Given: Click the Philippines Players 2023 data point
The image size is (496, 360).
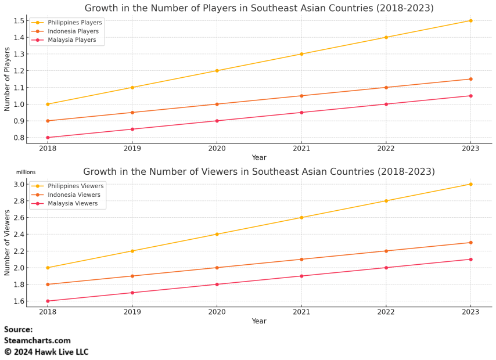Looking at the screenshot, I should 470,21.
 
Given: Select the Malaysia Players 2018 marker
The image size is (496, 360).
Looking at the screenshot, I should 48,138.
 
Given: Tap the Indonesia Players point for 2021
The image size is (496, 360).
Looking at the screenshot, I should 301,96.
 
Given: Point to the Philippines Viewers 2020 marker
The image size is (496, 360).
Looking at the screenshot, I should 217,234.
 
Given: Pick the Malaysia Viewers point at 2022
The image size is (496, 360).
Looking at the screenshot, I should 386,268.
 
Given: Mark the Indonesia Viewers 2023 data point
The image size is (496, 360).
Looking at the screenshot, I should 470,243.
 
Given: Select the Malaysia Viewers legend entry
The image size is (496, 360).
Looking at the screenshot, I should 73,204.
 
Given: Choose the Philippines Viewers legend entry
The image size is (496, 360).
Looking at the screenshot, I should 76,186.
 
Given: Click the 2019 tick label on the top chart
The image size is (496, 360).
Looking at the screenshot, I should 132,149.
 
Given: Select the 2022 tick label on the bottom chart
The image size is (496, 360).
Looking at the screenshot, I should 386,312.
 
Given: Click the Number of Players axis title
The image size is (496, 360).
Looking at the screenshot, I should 8,80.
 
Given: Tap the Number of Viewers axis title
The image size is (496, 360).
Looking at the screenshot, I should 8,243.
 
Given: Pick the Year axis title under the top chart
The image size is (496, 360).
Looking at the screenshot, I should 259,157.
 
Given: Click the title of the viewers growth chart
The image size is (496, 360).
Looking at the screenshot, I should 259,172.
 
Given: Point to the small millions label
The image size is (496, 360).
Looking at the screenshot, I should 26,172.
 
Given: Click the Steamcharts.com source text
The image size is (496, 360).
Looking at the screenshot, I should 37,341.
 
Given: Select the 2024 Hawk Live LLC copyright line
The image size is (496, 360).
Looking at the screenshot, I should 46,352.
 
